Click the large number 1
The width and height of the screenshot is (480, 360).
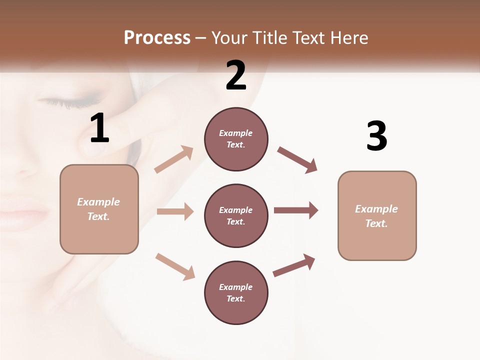click(99, 128)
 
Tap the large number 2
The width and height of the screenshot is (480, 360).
click(236, 75)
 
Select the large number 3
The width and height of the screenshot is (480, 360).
click(376, 136)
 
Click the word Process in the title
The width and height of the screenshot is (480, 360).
click(157, 37)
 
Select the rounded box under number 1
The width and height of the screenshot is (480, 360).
click(99, 209)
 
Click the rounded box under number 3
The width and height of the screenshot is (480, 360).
click(377, 215)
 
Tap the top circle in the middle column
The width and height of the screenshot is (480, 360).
click(236, 139)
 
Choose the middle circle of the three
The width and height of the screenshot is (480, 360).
click(236, 215)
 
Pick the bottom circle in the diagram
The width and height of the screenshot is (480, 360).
click(236, 292)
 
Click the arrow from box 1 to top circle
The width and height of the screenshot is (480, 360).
click(174, 159)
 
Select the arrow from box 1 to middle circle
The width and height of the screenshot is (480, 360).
click(175, 211)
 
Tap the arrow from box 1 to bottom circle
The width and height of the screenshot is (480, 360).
click(175, 266)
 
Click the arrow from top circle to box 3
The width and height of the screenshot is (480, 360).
click(297, 160)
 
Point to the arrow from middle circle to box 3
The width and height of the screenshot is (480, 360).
click(296, 210)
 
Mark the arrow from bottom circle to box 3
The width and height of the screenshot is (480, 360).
click(294, 265)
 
